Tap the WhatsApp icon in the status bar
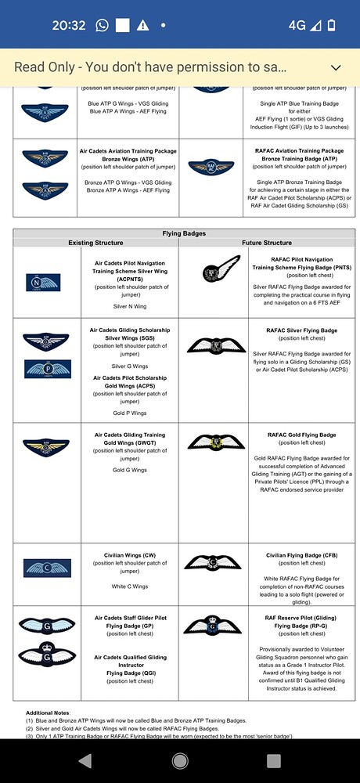pos(102,25)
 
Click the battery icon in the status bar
pos(331,25)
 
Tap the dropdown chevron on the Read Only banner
pos(337,67)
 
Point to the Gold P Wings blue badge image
pos(47,369)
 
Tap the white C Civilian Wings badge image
pos(47,568)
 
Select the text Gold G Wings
pos(129,470)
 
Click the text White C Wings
pos(129,586)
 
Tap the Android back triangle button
pos(85,760)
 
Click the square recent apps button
pos(274,760)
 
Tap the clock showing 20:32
pos(69,25)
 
